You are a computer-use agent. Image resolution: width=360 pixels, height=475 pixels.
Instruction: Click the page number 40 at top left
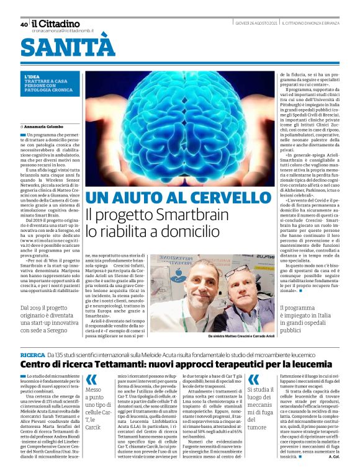24,25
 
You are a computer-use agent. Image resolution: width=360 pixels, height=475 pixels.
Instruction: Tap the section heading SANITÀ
68,47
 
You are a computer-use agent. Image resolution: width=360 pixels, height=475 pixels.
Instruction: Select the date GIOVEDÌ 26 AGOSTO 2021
255,24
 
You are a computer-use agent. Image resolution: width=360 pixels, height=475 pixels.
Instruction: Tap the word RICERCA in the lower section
33,353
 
